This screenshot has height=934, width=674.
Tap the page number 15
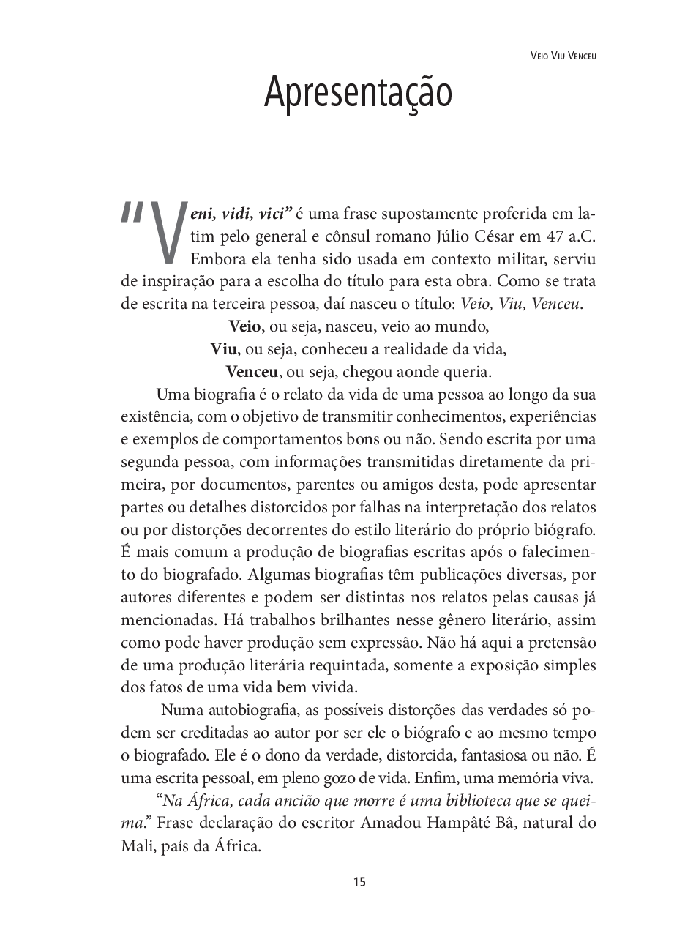coord(359,881)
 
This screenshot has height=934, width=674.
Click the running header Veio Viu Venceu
coord(563,56)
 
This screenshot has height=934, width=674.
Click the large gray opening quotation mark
coord(132,212)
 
